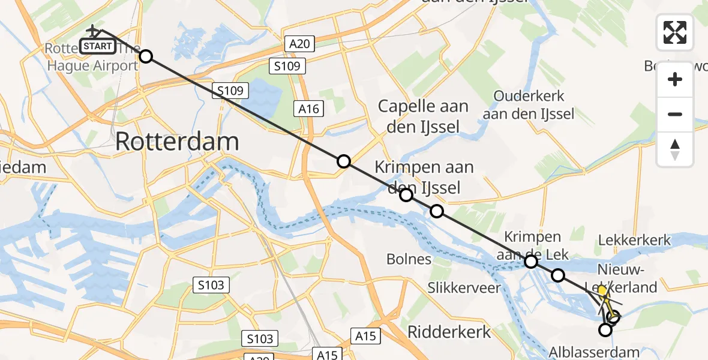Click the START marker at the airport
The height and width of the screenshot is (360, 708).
(97, 46)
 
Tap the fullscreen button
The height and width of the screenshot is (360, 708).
(675, 32)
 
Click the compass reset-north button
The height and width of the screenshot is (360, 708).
(675, 149)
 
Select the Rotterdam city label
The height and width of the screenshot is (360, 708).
(177, 142)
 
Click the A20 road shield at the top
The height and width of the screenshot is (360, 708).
(299, 43)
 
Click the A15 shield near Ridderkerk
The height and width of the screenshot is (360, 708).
(366, 337)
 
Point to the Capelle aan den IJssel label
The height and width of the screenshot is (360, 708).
(423, 116)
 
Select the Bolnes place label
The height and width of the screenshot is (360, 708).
(409, 259)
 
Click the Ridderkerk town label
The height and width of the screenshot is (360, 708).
(449, 331)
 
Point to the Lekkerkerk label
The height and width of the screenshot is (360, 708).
(634, 241)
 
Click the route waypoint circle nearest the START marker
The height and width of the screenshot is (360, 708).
(145, 56)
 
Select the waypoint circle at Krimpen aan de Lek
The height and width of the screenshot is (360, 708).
(531, 261)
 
